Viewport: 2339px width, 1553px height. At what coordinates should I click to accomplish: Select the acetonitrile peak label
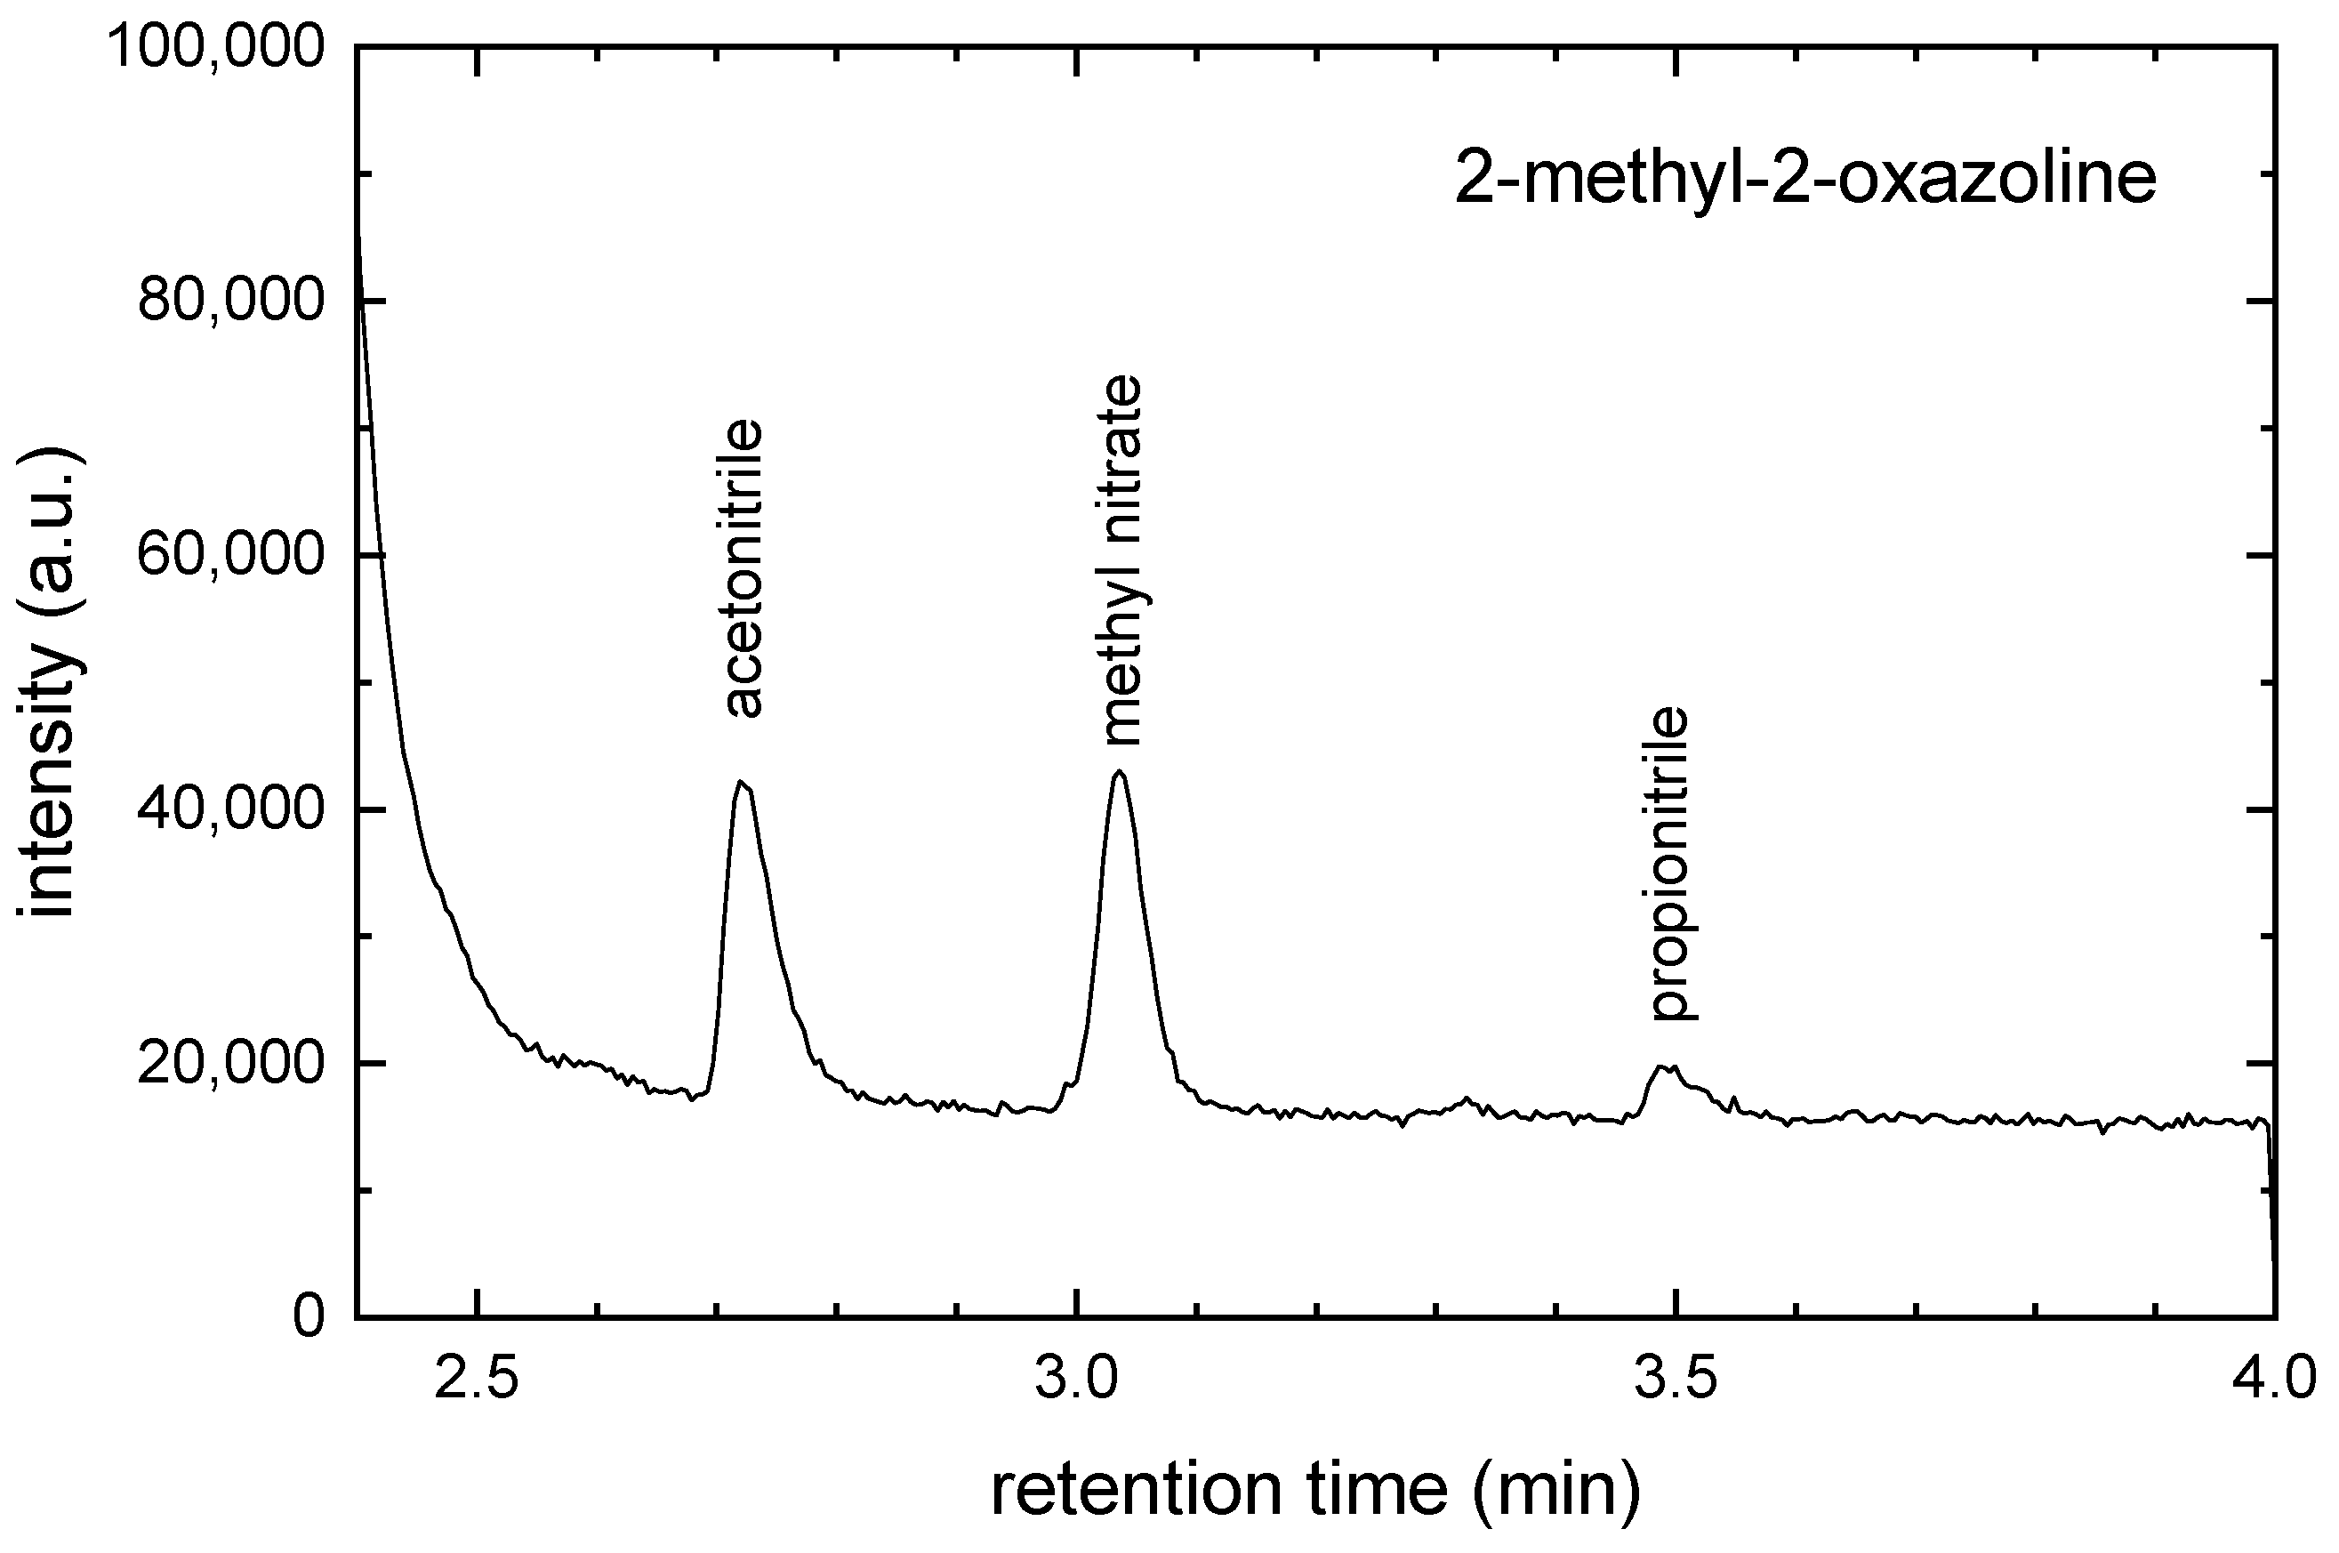(743, 568)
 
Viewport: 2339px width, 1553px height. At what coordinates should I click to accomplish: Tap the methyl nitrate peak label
(1122, 560)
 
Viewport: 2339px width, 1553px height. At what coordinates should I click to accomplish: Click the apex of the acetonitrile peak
(740, 782)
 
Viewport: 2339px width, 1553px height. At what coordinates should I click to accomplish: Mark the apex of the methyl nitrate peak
(1119, 770)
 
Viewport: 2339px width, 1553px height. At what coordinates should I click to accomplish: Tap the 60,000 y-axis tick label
(230, 555)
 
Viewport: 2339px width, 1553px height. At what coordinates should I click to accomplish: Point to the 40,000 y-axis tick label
(230, 809)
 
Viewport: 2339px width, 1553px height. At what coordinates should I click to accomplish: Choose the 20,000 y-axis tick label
(230, 1064)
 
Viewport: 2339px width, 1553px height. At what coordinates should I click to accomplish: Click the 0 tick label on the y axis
(309, 1317)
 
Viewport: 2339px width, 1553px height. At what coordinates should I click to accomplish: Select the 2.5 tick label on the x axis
(478, 1381)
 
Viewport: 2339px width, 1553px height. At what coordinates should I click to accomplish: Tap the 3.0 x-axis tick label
(1076, 1381)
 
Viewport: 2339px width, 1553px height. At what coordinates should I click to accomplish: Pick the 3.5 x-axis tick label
(1676, 1381)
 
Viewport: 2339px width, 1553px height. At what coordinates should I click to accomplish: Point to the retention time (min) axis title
(1315, 1491)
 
